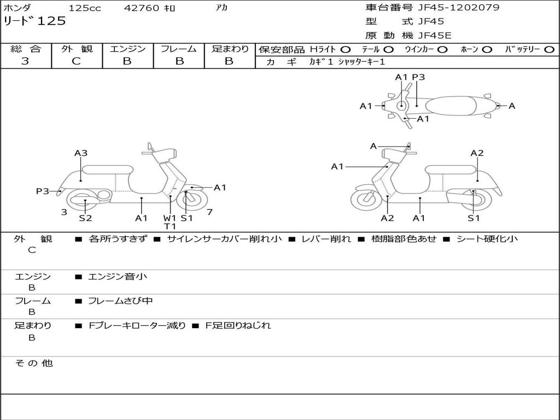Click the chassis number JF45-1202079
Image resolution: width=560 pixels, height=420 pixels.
tap(459, 7)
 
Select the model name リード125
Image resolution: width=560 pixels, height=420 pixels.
tap(34, 21)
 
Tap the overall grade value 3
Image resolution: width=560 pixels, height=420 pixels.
tap(25, 61)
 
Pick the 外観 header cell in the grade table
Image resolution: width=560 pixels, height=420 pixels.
tap(77, 49)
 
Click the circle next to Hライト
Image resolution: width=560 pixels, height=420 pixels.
tap(346, 50)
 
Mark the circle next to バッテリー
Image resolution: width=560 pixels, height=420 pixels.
tap(549, 50)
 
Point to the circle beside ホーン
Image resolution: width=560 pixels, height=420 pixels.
tap(487, 50)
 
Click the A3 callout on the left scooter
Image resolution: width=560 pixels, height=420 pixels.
tap(81, 153)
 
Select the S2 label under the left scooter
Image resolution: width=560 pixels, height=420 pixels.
tap(85, 218)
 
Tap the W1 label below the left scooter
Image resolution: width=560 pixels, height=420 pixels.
tap(170, 218)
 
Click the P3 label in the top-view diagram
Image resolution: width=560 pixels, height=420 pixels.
tap(418, 77)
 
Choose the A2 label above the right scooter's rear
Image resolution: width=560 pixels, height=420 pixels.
tap(477, 153)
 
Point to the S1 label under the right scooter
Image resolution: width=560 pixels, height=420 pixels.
tap(474, 218)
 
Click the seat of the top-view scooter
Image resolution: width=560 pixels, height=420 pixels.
tap(451, 106)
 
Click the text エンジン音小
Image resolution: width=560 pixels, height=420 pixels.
tap(118, 276)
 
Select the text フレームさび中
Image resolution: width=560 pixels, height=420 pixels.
tap(120, 301)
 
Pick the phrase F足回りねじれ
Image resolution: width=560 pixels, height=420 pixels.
tap(238, 325)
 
